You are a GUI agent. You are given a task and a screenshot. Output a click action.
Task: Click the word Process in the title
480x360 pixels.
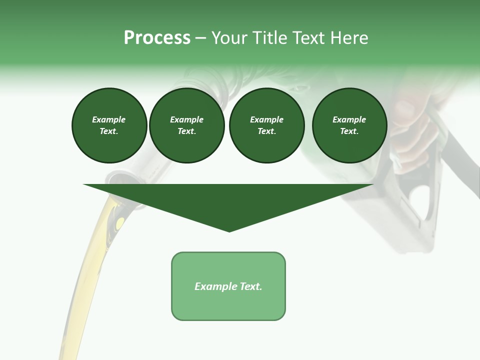coord(157,38)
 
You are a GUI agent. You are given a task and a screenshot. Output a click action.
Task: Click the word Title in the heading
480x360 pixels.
coord(267,38)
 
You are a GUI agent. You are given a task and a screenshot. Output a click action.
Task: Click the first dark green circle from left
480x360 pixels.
coord(109,125)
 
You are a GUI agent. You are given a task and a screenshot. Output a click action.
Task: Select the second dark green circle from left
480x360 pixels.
coord(186,125)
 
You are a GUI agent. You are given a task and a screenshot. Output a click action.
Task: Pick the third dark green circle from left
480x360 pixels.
coord(266,125)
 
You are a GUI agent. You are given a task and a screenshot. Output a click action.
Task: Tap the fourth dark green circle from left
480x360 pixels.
coord(349,125)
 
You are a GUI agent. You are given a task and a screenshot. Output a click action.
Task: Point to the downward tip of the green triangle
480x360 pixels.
coord(229,230)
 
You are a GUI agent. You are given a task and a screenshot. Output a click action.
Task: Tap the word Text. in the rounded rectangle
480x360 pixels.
coord(251,286)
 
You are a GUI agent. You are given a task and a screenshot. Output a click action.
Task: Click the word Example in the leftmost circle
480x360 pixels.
coord(109,120)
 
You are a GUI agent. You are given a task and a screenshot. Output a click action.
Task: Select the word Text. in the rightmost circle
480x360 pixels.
coord(349,131)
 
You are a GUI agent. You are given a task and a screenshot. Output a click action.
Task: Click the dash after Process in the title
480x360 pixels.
coord(201,38)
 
